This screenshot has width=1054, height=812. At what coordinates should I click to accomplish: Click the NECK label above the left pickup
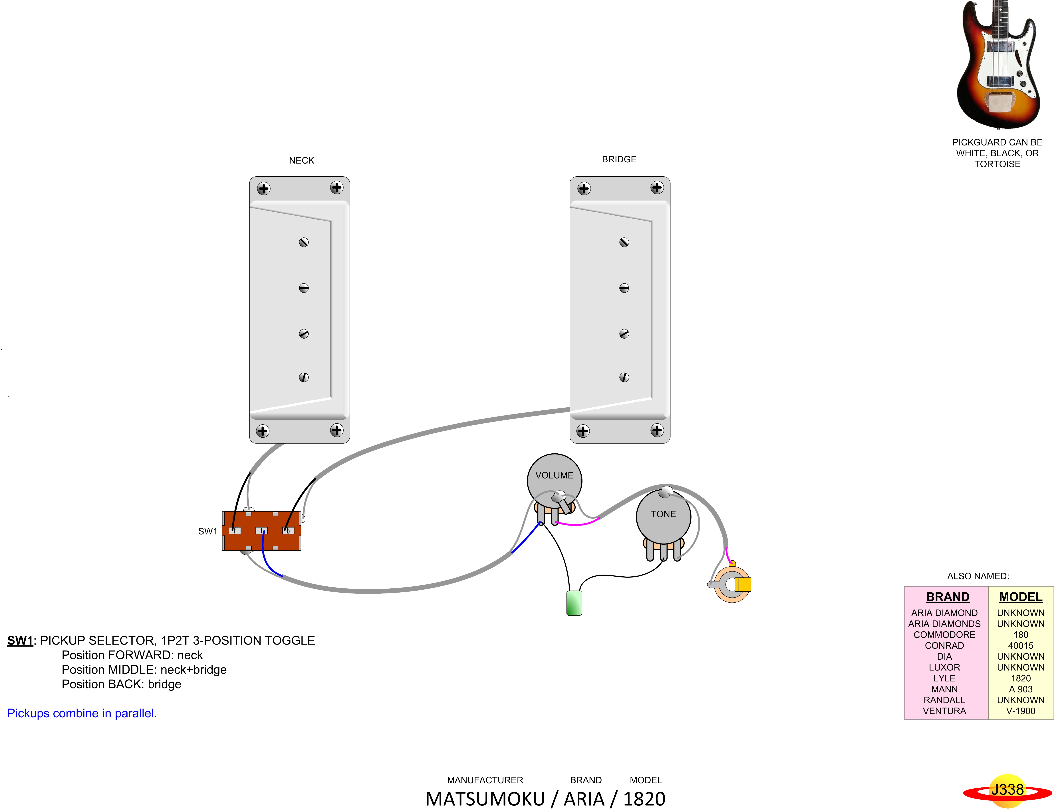pos(301,160)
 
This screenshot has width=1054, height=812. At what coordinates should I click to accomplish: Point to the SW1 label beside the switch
pos(207,531)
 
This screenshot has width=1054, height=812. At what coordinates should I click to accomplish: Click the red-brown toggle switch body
pos(262,531)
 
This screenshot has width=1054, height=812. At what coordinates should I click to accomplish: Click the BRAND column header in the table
pos(947,597)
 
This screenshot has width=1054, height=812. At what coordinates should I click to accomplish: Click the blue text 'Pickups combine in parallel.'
pos(82,713)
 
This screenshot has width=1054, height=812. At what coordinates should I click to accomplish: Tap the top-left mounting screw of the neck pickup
pos(263,189)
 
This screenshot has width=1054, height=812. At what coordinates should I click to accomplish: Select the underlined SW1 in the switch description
pos(20,640)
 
